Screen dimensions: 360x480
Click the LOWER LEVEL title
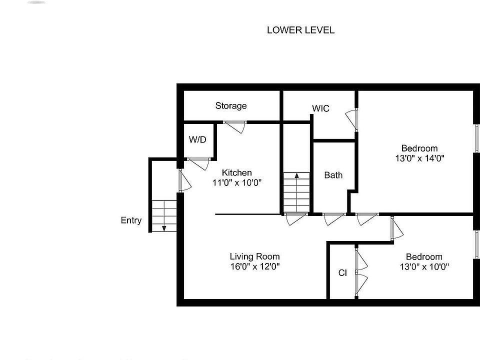click(x=300, y=30)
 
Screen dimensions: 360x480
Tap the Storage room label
click(x=231, y=106)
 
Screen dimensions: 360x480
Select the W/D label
click(x=197, y=140)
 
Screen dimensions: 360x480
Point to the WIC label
click(x=320, y=108)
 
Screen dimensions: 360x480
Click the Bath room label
click(x=333, y=175)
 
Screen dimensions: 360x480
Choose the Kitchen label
click(x=237, y=173)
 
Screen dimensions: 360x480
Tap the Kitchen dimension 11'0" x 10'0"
click(x=237, y=183)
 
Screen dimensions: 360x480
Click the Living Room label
click(x=254, y=256)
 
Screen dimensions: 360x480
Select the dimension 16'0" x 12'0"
click(x=254, y=266)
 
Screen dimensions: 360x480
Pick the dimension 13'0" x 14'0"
click(x=419, y=158)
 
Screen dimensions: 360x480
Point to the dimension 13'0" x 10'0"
click(x=423, y=266)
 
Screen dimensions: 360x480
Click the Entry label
click(x=131, y=220)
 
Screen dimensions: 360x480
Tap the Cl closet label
click(x=342, y=273)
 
